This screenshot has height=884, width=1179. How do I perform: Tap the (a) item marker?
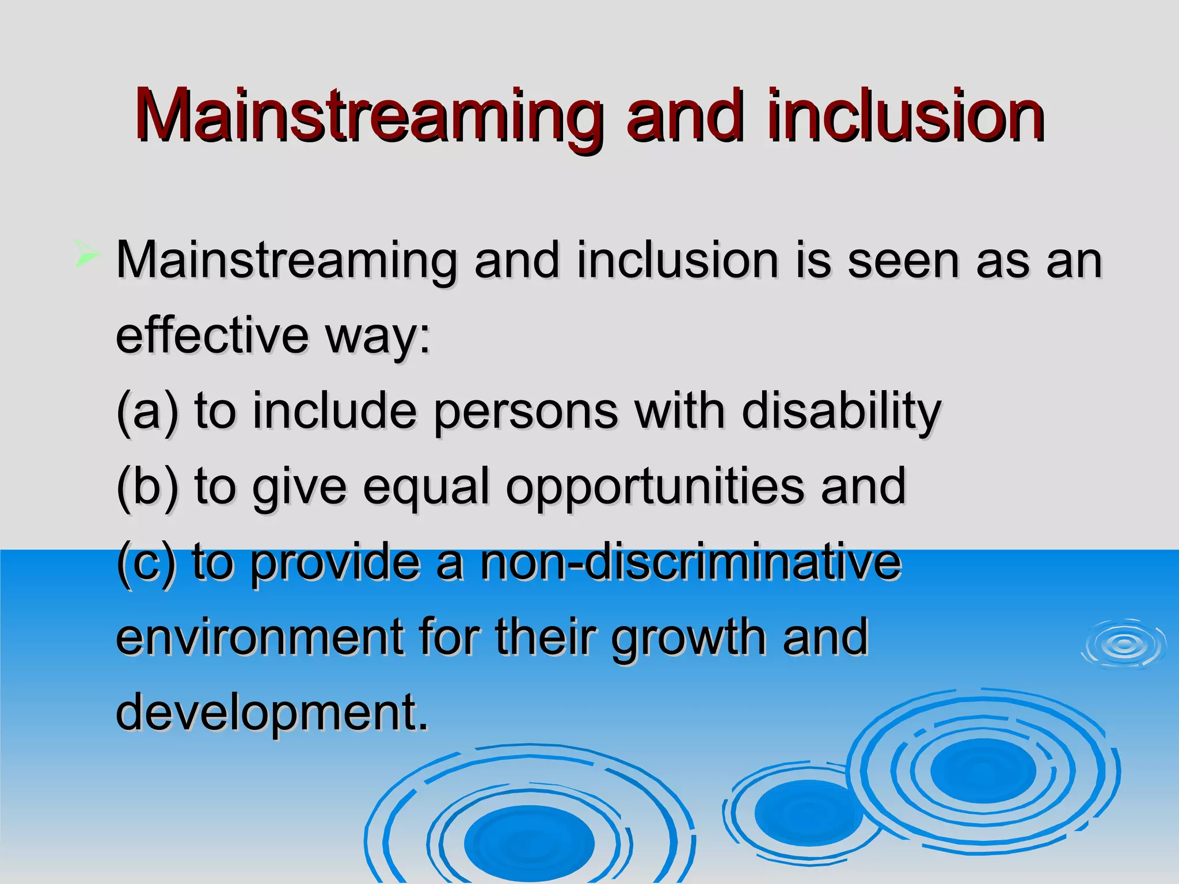[147, 412]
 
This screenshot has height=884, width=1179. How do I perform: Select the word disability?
[841, 412]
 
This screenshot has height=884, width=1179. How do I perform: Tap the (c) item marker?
[146, 563]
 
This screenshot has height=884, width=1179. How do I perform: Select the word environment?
[260, 637]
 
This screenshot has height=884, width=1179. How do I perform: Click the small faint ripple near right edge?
[1123, 644]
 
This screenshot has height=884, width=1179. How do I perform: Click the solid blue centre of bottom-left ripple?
[529, 843]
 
